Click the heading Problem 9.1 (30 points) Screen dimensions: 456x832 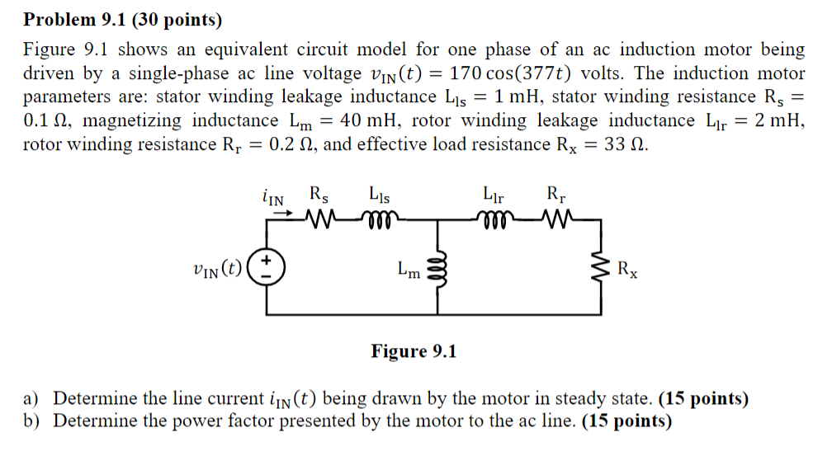point(122,19)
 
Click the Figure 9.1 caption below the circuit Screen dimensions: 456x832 point(414,352)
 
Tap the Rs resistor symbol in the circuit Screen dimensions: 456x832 point(319,219)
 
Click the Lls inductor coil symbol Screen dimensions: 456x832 point(379,219)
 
